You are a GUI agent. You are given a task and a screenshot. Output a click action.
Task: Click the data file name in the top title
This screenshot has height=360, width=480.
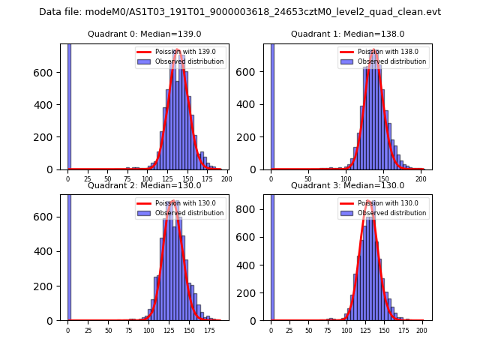pyautogui.click(x=240, y=12)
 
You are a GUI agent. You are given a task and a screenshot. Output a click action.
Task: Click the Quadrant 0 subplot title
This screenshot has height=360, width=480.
pyautogui.click(x=144, y=34)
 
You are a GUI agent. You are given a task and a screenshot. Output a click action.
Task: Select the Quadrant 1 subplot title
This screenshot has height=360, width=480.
pyautogui.click(x=347, y=34)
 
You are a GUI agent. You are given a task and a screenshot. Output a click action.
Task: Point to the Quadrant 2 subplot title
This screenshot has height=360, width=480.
pyautogui.click(x=144, y=185)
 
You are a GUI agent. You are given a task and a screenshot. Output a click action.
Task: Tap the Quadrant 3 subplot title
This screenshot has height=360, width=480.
pyautogui.click(x=347, y=185)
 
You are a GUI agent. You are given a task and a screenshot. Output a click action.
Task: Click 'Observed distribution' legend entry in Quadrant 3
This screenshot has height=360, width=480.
pyautogui.click(x=390, y=213)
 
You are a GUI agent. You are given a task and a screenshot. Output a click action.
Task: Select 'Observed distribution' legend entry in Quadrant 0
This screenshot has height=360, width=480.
pyautogui.click(x=187, y=61)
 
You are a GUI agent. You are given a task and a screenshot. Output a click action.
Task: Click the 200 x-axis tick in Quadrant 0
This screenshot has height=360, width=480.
pyautogui.click(x=226, y=179)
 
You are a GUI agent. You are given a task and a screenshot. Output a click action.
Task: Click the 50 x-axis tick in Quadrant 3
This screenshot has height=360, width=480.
pyautogui.click(x=308, y=330)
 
